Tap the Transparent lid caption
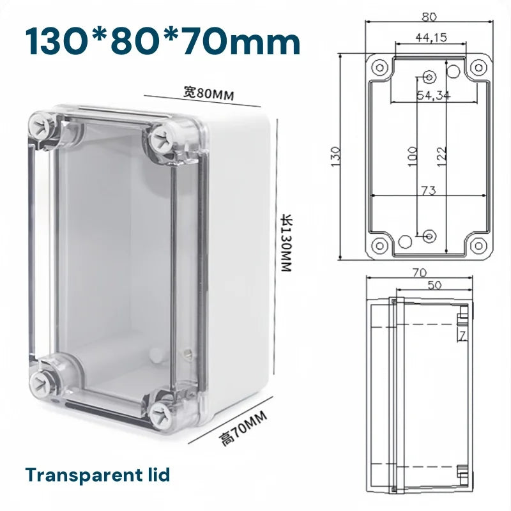[x=98, y=475]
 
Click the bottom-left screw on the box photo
[x=41, y=383]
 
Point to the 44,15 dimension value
[x=431, y=38]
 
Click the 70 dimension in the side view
[x=419, y=272]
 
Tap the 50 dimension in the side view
[x=434, y=286]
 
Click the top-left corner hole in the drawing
[x=378, y=66]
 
